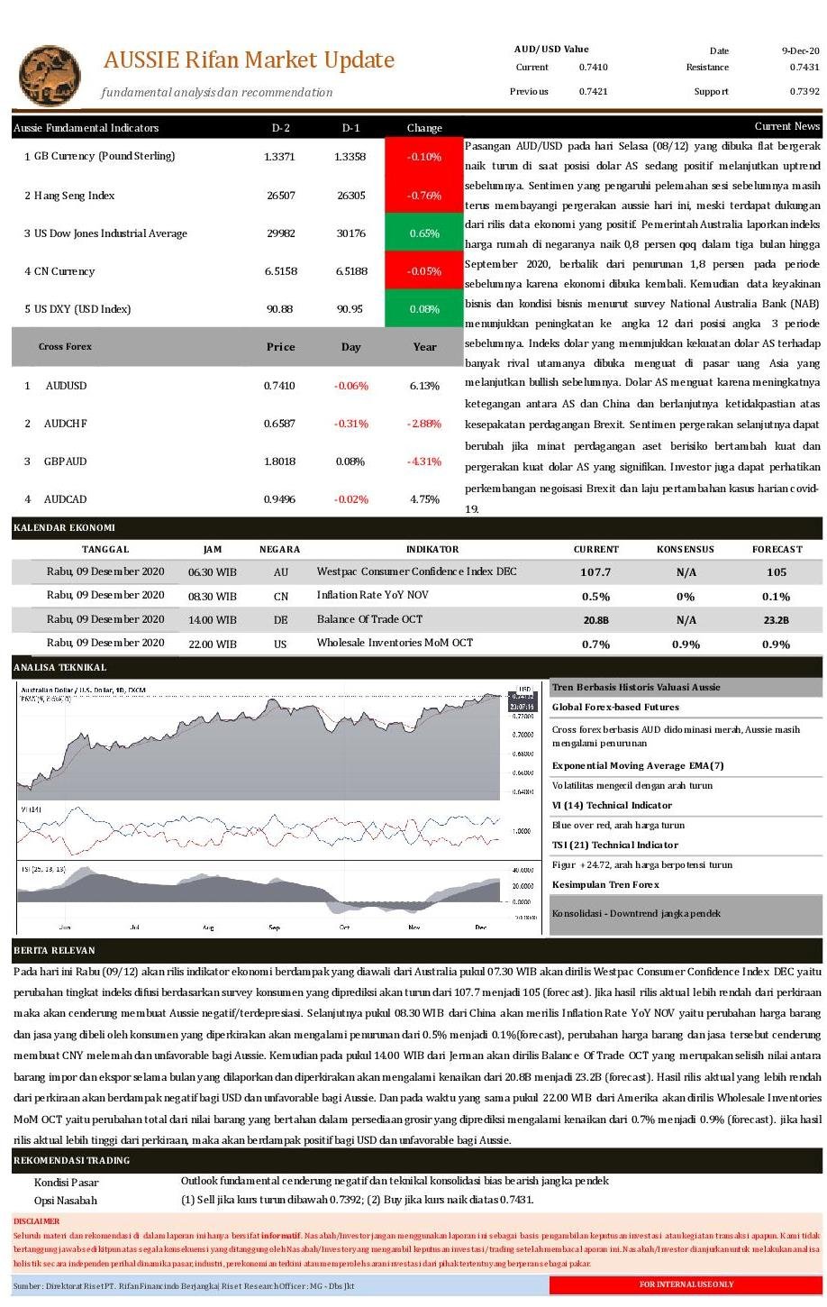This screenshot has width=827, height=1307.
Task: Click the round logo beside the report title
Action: point(50,76)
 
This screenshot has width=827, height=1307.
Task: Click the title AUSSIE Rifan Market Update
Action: point(249,60)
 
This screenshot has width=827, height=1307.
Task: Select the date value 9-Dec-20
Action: point(800,51)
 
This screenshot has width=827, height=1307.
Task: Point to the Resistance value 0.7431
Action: point(804,68)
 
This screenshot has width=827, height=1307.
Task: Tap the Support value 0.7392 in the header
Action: point(804,92)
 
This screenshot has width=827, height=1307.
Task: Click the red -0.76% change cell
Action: point(423,196)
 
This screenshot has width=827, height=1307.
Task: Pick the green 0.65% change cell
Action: point(423,233)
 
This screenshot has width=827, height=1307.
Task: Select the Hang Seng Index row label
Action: point(75,196)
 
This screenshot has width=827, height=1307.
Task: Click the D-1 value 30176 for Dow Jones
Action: point(350,233)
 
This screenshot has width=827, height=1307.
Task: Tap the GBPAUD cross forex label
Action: point(66,462)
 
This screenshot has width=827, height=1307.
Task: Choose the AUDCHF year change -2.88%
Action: point(424,424)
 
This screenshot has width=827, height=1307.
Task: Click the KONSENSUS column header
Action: point(685,549)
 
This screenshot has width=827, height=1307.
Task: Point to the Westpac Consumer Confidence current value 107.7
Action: point(595,572)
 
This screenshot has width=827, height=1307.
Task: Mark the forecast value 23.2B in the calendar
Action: point(777,620)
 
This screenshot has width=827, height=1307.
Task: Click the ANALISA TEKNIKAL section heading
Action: point(59,668)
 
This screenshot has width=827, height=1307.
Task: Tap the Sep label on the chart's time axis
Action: point(274,927)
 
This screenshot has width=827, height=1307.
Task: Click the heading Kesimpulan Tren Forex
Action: point(605,885)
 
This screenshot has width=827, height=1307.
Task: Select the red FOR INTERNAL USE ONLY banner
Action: point(686,1284)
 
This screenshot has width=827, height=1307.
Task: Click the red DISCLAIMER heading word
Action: point(36,1221)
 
